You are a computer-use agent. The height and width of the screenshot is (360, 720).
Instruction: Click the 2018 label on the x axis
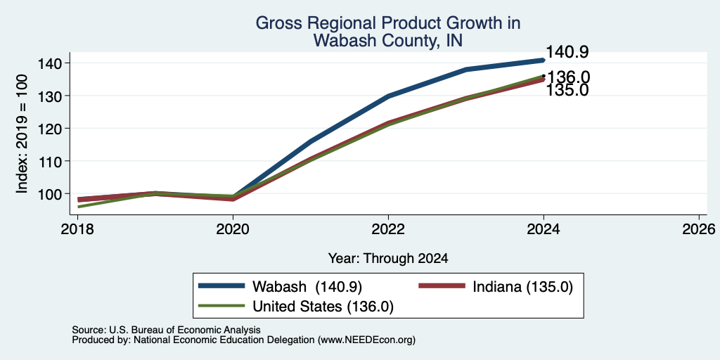pos(77,229)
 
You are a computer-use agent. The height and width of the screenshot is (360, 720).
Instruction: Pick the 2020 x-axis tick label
pos(233,229)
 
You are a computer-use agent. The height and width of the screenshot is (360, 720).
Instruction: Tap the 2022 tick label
pos(388,229)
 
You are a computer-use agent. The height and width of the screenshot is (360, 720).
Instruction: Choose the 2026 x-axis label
pos(699,229)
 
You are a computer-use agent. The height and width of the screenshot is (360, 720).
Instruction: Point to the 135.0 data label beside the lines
pos(567,91)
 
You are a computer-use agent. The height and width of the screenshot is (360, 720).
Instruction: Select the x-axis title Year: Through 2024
pos(388,259)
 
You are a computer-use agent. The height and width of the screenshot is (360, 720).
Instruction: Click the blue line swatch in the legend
pos(221,285)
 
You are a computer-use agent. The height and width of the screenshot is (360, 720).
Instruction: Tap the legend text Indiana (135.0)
pos(523,287)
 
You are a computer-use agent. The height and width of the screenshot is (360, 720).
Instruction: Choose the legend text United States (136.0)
pos(323,307)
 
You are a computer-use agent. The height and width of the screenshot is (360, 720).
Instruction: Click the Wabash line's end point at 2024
pos(544,60)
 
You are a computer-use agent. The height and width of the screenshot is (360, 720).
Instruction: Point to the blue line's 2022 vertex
pos(388,96)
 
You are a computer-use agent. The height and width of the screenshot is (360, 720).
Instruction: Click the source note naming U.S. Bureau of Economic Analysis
pos(166,330)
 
